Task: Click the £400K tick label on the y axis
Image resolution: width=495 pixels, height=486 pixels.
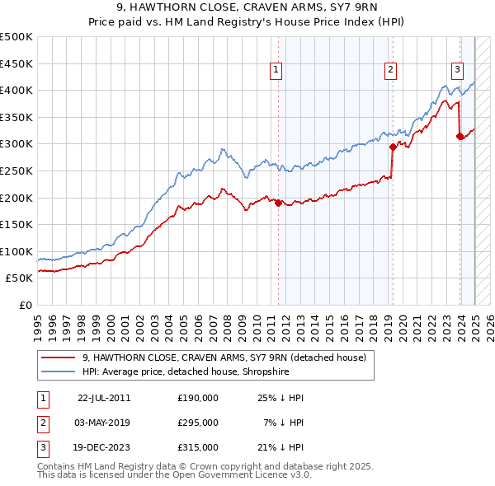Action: [16, 90]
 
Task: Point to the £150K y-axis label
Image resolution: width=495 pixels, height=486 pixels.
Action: [16, 224]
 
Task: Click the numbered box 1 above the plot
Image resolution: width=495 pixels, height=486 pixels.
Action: [276, 71]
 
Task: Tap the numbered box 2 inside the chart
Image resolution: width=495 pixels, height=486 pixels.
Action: [389, 71]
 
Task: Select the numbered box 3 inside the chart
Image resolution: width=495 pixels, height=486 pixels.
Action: [456, 71]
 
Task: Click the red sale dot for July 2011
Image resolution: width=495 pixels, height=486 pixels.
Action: [278, 203]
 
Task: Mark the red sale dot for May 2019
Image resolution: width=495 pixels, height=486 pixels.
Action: [393, 147]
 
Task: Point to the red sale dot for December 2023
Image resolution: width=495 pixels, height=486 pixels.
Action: [460, 137]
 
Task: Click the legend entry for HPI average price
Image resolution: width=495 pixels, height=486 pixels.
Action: [186, 372]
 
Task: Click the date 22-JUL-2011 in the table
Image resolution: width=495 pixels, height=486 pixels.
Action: [104, 399]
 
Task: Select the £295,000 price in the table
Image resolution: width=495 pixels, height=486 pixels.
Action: [198, 423]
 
